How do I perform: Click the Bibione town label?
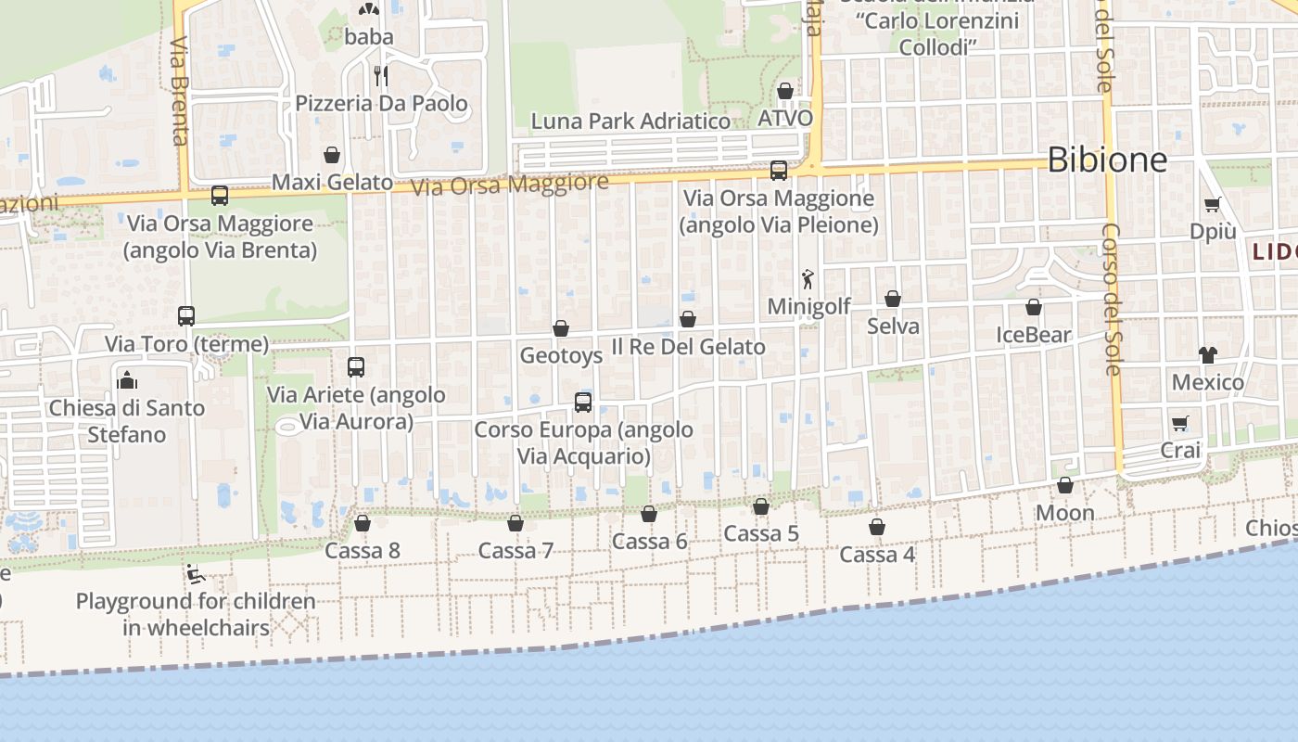click(x=1107, y=160)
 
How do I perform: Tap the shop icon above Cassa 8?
click(x=363, y=523)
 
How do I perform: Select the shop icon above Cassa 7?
click(x=515, y=523)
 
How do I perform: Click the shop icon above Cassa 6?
click(x=649, y=514)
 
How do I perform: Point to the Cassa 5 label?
click(x=760, y=533)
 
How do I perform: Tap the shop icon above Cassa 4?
click(x=877, y=527)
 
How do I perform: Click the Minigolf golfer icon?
click(x=808, y=277)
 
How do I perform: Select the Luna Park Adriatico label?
click(x=630, y=122)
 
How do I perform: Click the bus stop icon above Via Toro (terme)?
click(x=186, y=316)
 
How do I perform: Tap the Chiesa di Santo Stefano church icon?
click(x=126, y=380)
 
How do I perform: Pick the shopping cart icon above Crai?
click(x=1180, y=423)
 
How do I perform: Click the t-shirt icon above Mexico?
click(x=1207, y=354)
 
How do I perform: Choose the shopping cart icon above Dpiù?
click(x=1212, y=204)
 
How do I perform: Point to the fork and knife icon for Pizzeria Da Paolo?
click(x=380, y=75)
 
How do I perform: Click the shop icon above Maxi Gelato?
click(x=332, y=155)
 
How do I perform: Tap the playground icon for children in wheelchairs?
click(x=196, y=574)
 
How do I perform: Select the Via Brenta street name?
click(x=180, y=91)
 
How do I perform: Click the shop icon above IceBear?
click(x=1034, y=307)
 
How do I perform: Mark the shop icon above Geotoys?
click(x=561, y=328)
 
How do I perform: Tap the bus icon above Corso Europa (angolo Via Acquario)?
click(x=583, y=403)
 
